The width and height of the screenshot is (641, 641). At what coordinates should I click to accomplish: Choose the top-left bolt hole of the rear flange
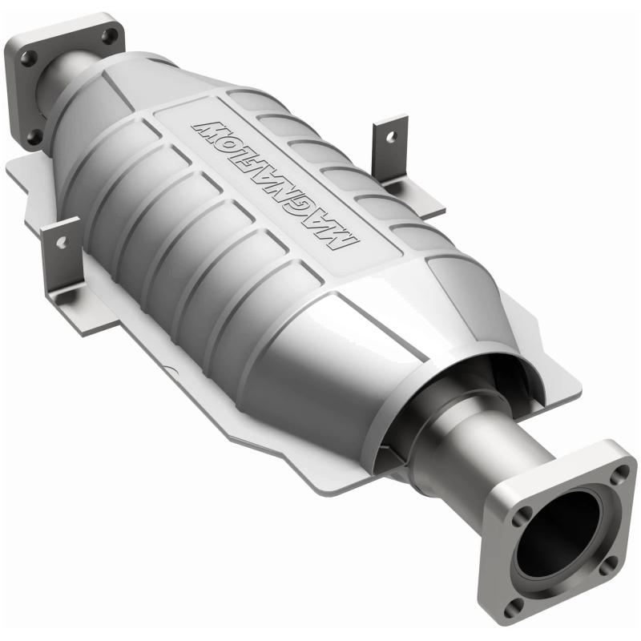(27, 58)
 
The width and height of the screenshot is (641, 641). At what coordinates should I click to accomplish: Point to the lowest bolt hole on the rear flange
(33, 136)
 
